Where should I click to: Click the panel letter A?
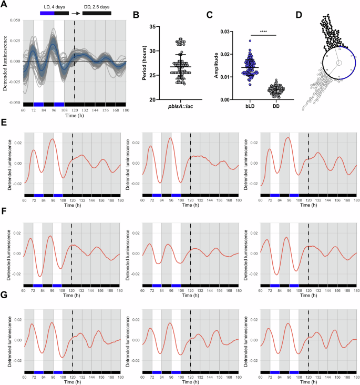pyautogui.click(x=5, y=5)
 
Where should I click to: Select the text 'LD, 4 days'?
pyautogui.click(x=55, y=5)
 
